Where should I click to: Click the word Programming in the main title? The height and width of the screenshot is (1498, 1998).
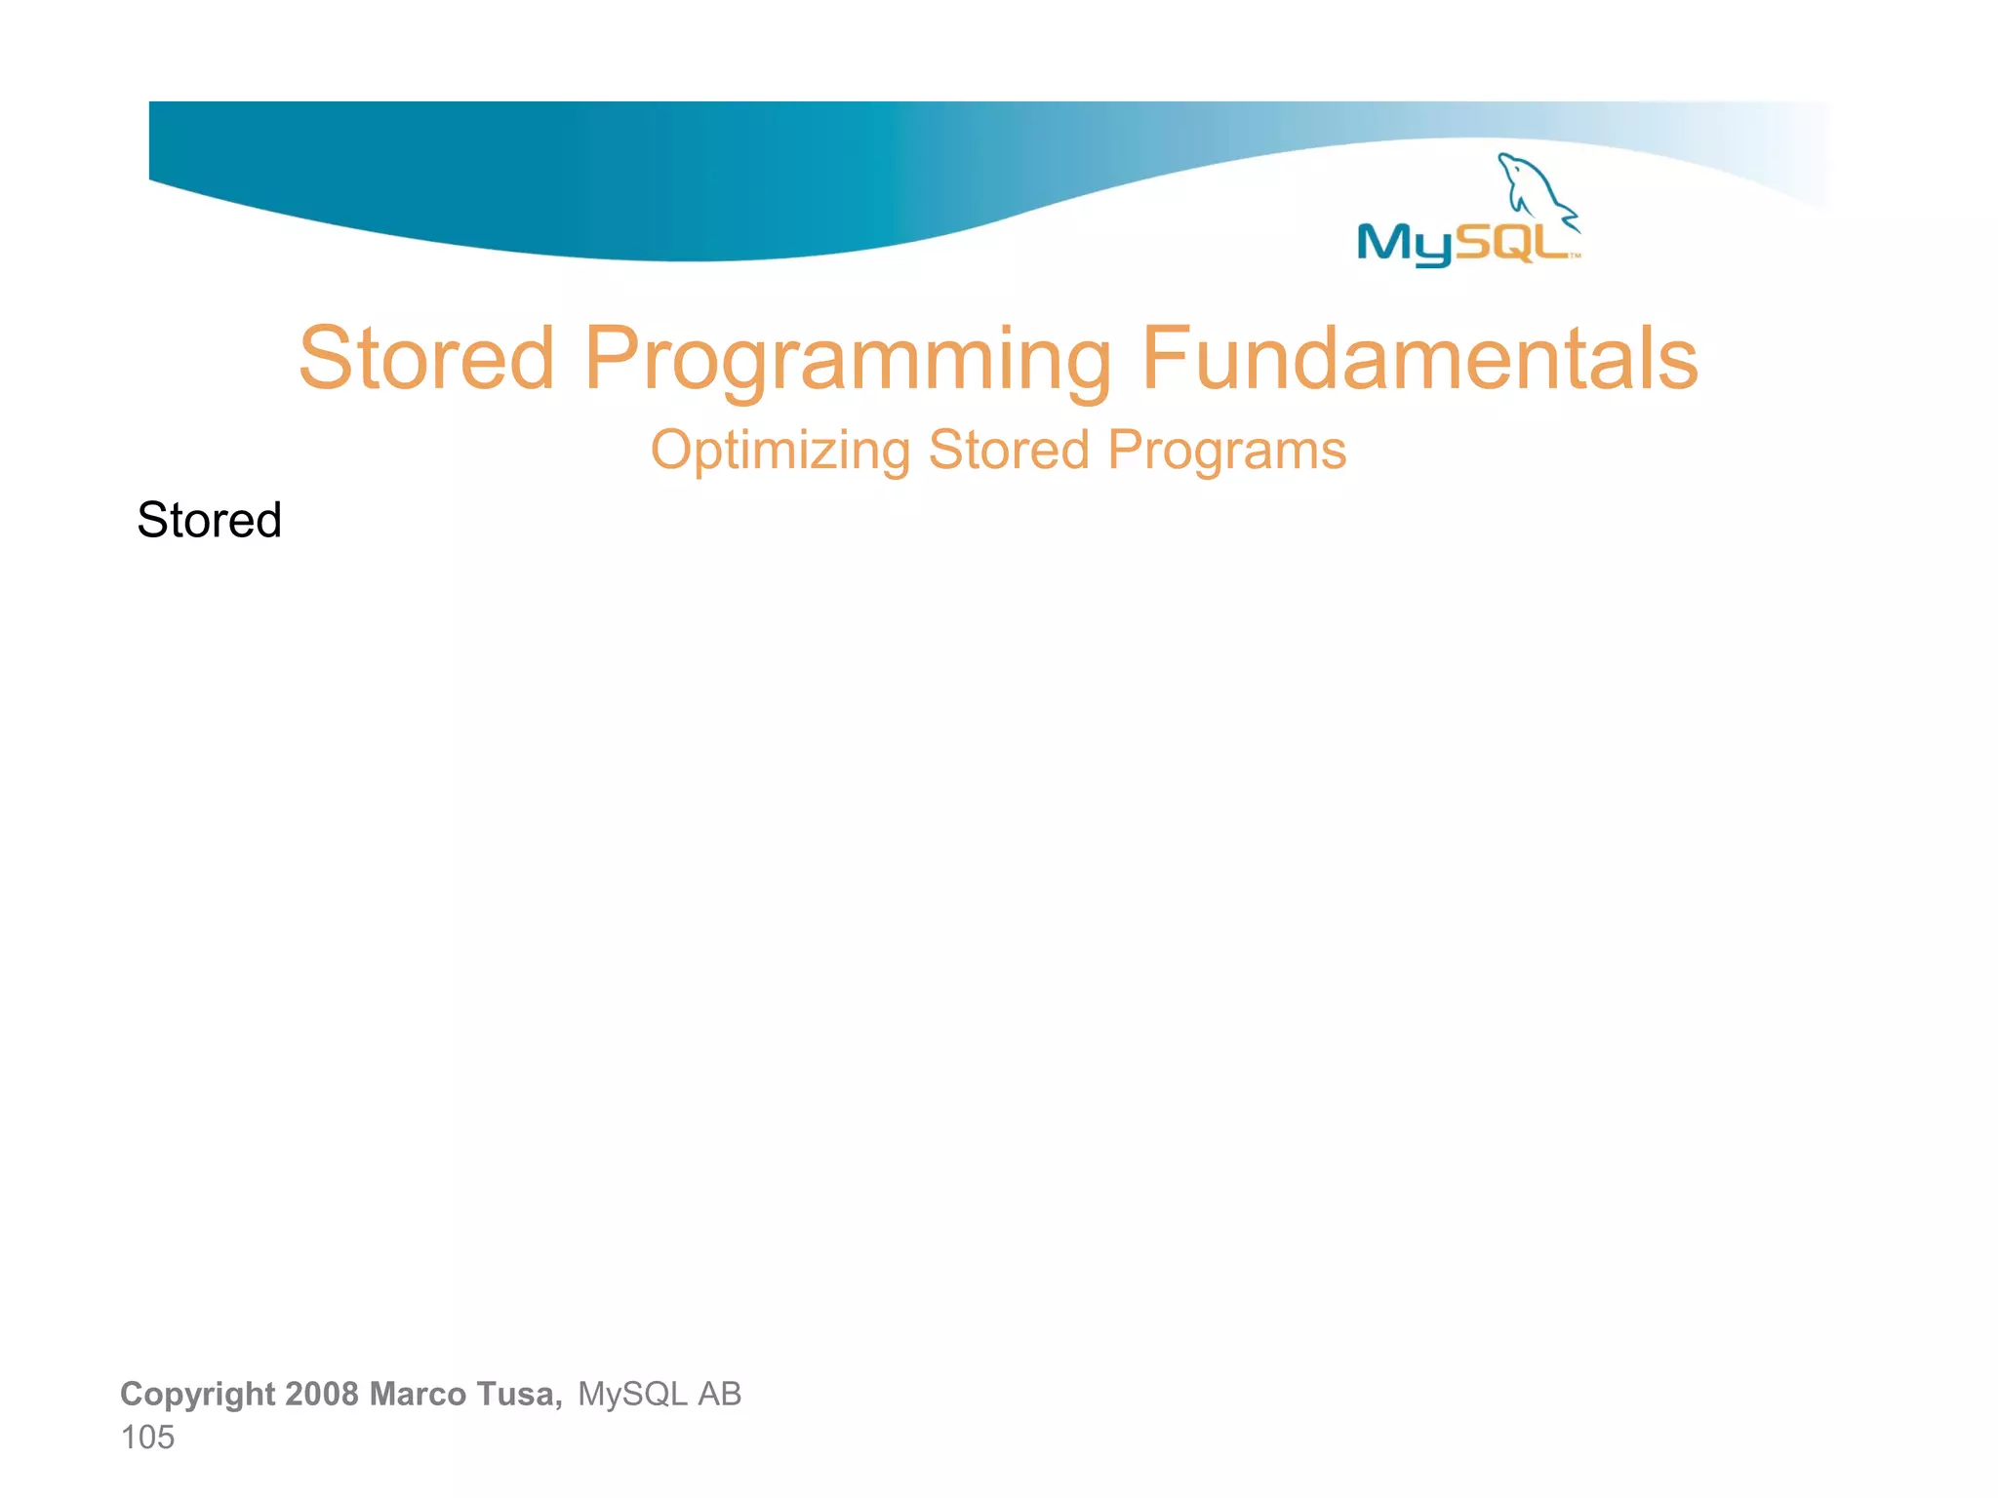847,361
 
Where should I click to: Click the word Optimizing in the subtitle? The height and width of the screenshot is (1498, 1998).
779,452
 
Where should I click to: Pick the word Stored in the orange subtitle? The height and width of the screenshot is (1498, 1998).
1008,451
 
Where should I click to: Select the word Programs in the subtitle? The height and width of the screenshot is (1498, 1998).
1226,452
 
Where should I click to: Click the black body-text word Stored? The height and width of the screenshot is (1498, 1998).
209,520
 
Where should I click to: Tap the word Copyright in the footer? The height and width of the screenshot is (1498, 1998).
197,1395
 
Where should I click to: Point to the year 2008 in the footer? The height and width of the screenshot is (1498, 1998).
322,1394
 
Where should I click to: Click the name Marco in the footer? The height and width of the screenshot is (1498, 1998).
417,1394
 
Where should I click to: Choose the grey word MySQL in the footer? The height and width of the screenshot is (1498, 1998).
632,1394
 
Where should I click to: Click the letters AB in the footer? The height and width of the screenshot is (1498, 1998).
719,1394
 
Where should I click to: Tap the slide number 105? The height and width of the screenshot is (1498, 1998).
147,1438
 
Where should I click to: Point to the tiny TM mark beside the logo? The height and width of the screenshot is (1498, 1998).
1575,256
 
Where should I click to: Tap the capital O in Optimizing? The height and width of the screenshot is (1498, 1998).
672,451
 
